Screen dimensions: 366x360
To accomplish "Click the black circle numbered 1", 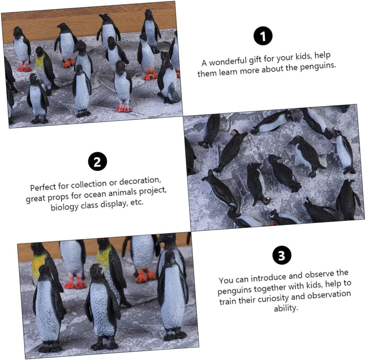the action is [x=263, y=36].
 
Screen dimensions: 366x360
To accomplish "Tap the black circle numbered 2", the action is [x=98, y=161].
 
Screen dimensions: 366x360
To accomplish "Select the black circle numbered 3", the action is [x=282, y=255].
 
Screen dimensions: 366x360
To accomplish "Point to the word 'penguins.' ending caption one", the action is [x=318, y=66].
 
